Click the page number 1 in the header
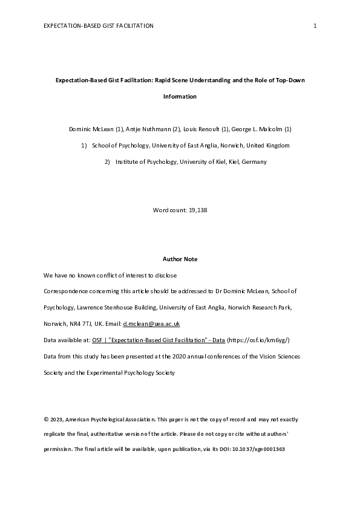[315, 25]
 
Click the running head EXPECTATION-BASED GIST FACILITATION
[99, 25]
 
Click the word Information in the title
[180, 96]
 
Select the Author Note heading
[180, 259]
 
